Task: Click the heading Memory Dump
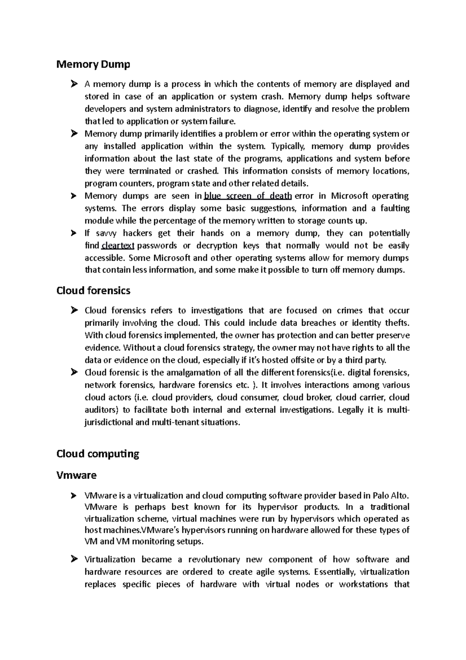click(x=93, y=64)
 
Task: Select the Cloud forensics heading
click(x=93, y=290)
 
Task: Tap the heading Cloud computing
click(x=98, y=454)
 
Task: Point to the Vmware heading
click(x=77, y=475)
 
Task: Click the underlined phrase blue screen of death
click(x=248, y=196)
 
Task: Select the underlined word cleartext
click(x=118, y=246)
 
